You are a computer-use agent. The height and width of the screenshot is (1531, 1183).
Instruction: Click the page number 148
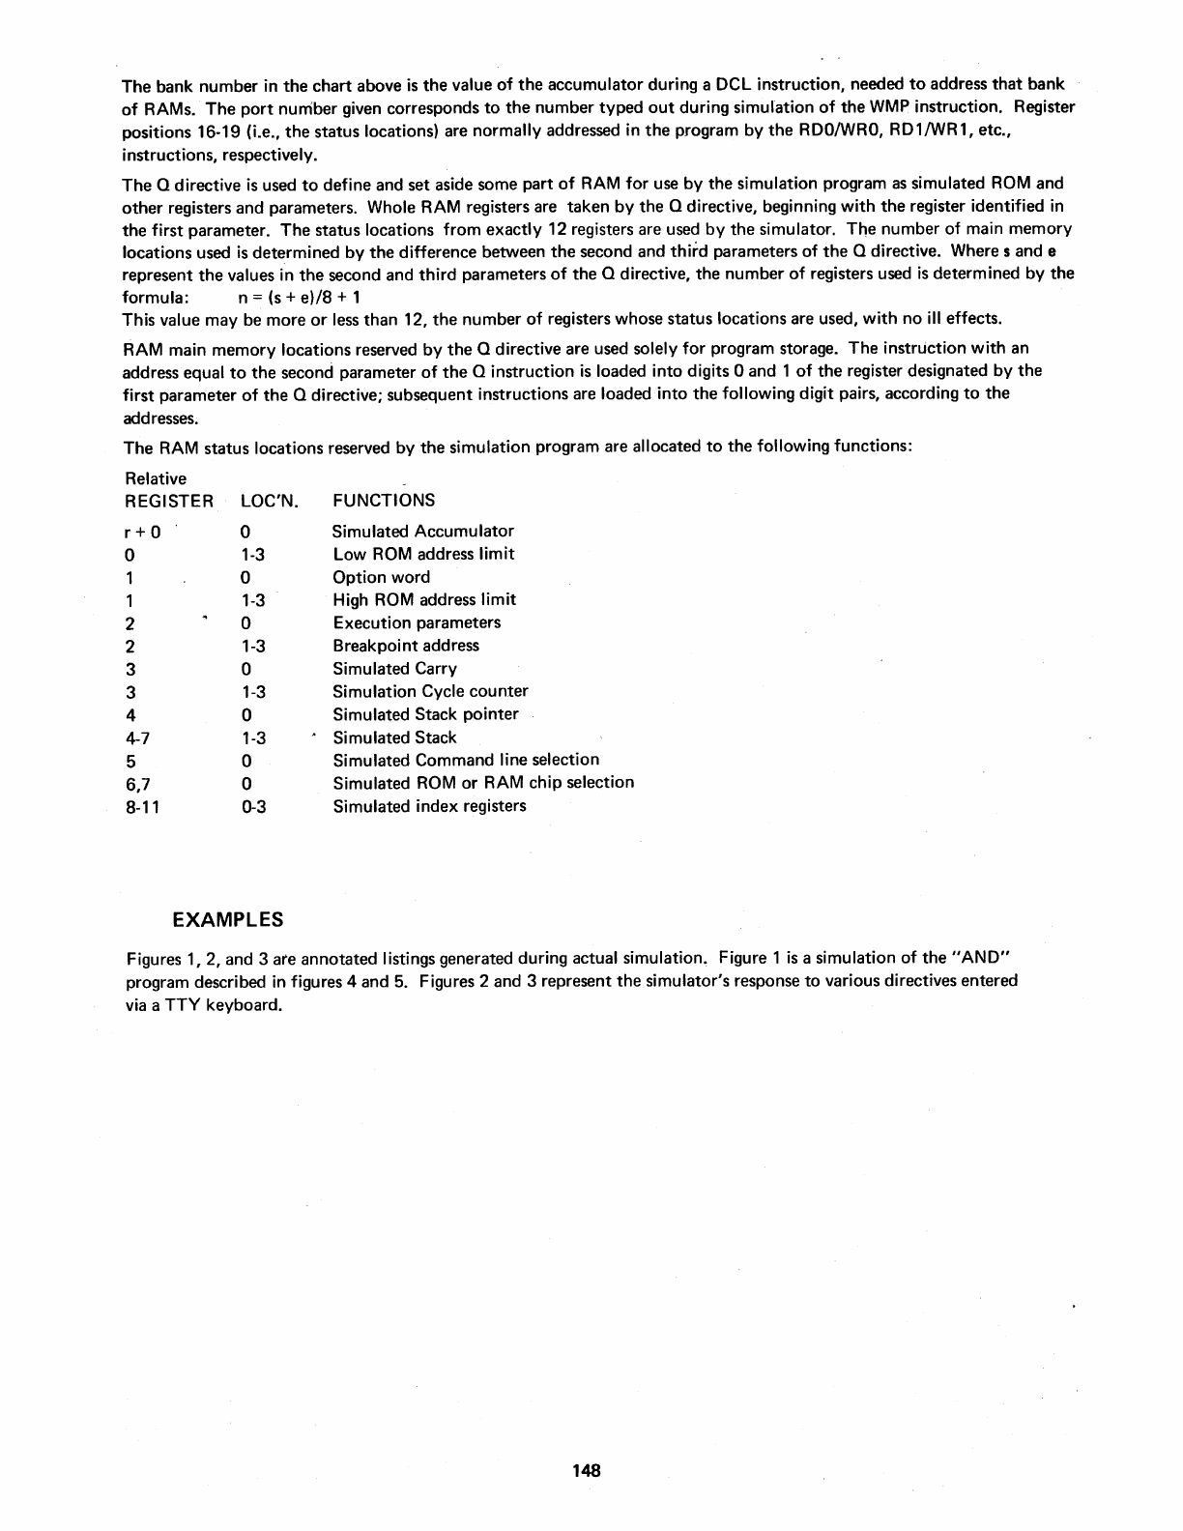click(x=586, y=1470)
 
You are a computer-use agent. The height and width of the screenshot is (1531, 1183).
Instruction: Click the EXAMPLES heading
click(x=228, y=917)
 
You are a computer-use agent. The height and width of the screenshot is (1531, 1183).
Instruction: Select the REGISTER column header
click(x=169, y=501)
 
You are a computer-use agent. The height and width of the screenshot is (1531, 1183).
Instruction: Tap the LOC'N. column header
click(x=269, y=501)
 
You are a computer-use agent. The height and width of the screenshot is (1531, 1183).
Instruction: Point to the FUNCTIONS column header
click(x=384, y=501)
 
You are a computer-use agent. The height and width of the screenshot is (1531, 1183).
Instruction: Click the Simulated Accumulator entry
click(x=422, y=531)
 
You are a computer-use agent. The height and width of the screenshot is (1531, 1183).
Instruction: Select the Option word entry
click(x=381, y=577)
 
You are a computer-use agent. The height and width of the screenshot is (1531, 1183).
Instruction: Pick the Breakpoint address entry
click(x=405, y=646)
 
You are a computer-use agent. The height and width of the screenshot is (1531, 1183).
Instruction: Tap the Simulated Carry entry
click(x=394, y=669)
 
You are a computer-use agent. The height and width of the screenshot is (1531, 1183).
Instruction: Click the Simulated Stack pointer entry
click(x=425, y=714)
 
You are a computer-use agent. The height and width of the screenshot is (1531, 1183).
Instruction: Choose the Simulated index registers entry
click(x=429, y=806)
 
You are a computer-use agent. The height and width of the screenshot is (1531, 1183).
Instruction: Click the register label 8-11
click(x=142, y=806)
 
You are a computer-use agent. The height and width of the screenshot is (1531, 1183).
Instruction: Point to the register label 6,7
click(x=139, y=783)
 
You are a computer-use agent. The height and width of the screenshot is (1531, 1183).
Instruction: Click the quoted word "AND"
click(x=980, y=958)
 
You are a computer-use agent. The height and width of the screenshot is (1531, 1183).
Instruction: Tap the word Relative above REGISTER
click(x=156, y=478)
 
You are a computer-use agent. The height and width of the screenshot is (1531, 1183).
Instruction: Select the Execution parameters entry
click(x=417, y=622)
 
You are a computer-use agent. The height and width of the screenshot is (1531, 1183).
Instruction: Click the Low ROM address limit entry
click(x=423, y=554)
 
